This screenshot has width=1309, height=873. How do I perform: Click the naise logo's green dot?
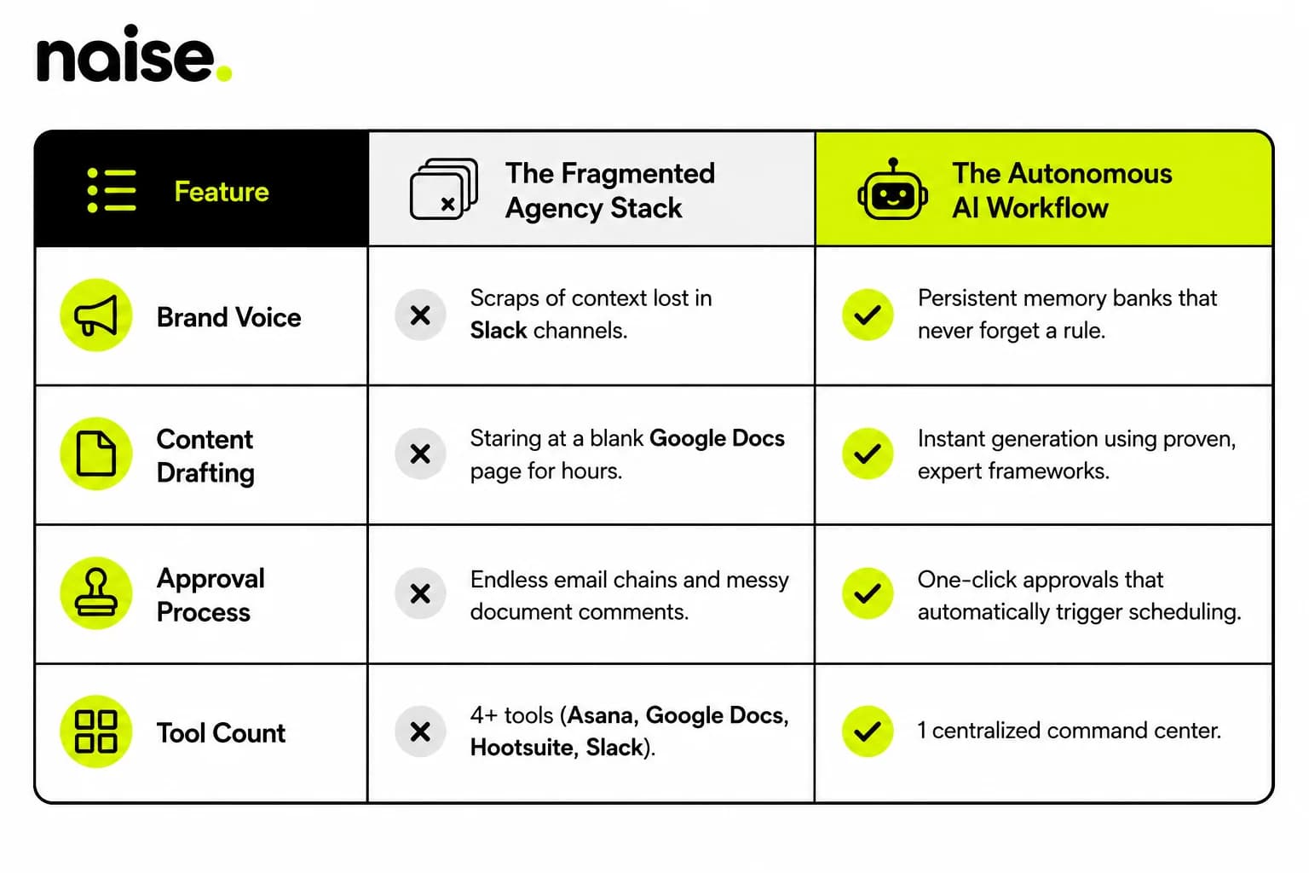click(224, 72)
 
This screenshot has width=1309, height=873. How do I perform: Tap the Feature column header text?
click(222, 192)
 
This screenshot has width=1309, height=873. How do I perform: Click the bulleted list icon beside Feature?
click(112, 191)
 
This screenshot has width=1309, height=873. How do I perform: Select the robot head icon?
click(892, 189)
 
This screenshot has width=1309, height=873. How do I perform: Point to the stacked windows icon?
click(443, 189)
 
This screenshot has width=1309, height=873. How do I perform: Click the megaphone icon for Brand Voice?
click(95, 315)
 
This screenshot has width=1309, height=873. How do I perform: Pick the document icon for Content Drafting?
click(95, 454)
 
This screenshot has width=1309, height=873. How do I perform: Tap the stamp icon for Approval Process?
click(95, 593)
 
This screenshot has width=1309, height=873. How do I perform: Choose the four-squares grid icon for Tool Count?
click(95, 731)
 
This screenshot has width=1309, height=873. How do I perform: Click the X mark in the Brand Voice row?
click(420, 315)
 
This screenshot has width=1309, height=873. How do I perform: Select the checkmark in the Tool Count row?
click(868, 731)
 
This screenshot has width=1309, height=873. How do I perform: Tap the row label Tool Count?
click(221, 732)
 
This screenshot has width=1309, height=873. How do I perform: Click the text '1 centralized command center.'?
click(1070, 731)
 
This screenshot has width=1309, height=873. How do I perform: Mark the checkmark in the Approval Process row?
click(868, 593)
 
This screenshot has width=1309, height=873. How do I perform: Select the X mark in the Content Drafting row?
click(420, 454)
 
